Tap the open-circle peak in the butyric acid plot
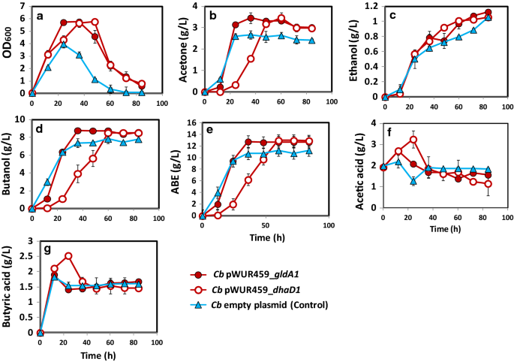click(x=68, y=256)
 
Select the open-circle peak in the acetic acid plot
click(x=413, y=140)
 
